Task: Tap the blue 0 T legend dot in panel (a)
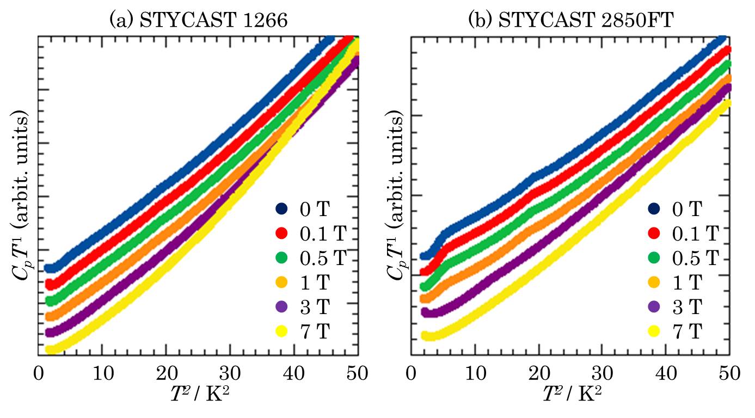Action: pyautogui.click(x=281, y=208)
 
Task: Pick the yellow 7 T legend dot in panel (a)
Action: pyautogui.click(x=281, y=331)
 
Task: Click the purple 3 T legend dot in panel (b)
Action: pyautogui.click(x=655, y=306)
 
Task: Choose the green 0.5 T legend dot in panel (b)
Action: pyautogui.click(x=655, y=257)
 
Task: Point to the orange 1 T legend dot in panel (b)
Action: pyautogui.click(x=655, y=282)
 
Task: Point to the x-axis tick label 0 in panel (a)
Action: pyautogui.click(x=38, y=374)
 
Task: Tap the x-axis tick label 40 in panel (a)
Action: pyautogui.click(x=294, y=374)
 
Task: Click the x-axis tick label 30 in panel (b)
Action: pyautogui.click(x=603, y=374)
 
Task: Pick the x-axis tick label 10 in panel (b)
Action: pyautogui.click(x=475, y=374)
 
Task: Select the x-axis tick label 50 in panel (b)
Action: pyautogui.click(x=729, y=374)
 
